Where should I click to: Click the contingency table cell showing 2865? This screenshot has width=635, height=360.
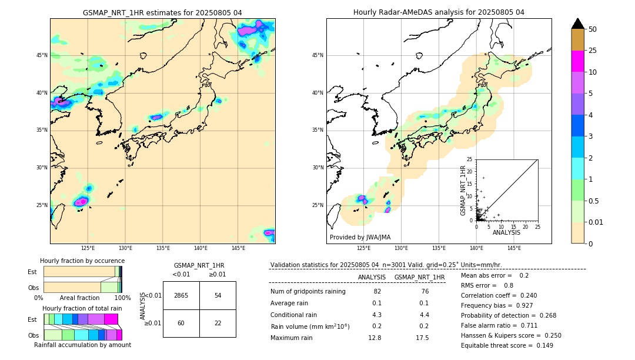pyautogui.click(x=181, y=295)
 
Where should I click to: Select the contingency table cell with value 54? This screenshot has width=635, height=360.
pyautogui.click(x=218, y=295)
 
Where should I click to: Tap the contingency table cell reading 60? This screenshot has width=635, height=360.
pyautogui.click(x=181, y=323)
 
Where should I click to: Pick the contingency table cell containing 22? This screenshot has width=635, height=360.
pyautogui.click(x=218, y=323)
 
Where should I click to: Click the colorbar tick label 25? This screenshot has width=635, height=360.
pyautogui.click(x=593, y=51)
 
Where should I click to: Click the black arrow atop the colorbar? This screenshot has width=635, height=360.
pyautogui.click(x=578, y=24)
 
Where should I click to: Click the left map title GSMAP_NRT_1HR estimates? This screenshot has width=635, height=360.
pyautogui.click(x=162, y=12)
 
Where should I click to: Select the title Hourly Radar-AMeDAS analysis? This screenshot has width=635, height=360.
pyautogui.click(x=439, y=12)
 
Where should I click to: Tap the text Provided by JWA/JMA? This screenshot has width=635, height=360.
pyautogui.click(x=360, y=238)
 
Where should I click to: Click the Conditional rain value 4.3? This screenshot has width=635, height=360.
pyautogui.click(x=377, y=315)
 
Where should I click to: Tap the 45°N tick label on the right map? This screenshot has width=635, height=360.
pyautogui.click(x=317, y=55)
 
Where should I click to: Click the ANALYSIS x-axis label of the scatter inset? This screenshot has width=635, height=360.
pyautogui.click(x=506, y=233)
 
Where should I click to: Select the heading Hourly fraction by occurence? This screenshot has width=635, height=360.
pyautogui.click(x=82, y=261)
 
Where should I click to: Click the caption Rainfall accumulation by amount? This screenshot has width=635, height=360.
pyautogui.click(x=82, y=345)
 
